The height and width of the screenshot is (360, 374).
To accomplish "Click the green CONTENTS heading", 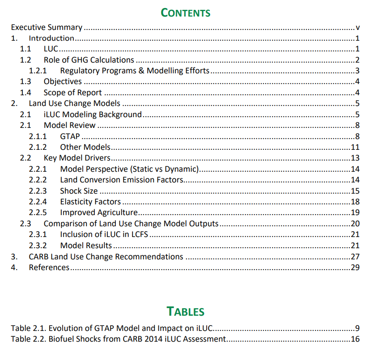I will click(x=186, y=13).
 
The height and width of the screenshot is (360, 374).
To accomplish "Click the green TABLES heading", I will click(x=186, y=311).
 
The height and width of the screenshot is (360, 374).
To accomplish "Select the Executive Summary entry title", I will click(x=47, y=28).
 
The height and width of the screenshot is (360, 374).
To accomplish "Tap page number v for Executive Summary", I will click(x=358, y=28).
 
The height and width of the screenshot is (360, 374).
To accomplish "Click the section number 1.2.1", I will click(x=38, y=71).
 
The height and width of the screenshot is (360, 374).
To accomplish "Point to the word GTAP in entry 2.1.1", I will click(x=70, y=136).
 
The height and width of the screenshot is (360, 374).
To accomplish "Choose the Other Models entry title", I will click(x=85, y=147).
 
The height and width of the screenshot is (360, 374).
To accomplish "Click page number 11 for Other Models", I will click(x=356, y=147).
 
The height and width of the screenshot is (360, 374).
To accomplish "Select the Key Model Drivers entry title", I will click(x=77, y=158).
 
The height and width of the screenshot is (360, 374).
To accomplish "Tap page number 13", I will click(x=356, y=158).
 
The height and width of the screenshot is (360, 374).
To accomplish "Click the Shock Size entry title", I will click(x=79, y=191).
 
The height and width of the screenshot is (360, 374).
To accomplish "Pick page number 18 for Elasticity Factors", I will click(x=356, y=202).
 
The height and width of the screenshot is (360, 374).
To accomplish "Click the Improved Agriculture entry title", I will click(x=99, y=212).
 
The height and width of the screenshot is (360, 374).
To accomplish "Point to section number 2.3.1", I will click(x=38, y=234).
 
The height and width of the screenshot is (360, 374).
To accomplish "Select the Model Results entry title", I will click(x=86, y=246).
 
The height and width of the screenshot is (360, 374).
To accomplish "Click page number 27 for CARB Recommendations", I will click(x=356, y=257).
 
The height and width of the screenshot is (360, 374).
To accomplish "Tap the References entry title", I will click(x=49, y=267).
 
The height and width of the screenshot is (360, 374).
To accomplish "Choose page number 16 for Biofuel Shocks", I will click(x=356, y=339).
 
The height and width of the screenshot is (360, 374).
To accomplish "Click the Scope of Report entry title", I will click(x=72, y=93).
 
